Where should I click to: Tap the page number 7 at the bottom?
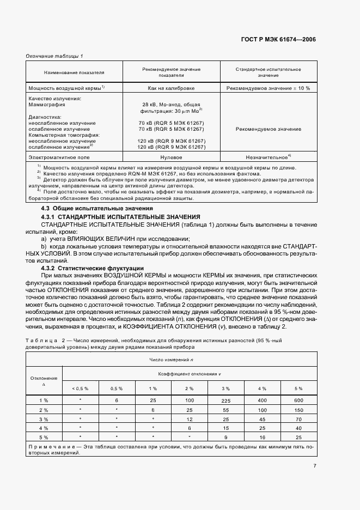[x=314, y=465]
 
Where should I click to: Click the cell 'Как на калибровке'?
[x=171, y=88]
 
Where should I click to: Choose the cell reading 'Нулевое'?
[x=171, y=156]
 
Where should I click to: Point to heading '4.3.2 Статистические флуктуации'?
[x=93, y=268]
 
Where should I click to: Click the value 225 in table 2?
[x=226, y=400]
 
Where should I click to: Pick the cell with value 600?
[x=298, y=400]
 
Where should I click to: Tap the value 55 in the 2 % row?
[x=226, y=410]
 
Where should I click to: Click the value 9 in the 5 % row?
[x=226, y=437]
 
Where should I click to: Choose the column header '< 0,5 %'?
[x=80, y=388]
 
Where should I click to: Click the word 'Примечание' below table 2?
[x=47, y=446]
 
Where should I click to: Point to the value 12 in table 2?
[x=190, y=419]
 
